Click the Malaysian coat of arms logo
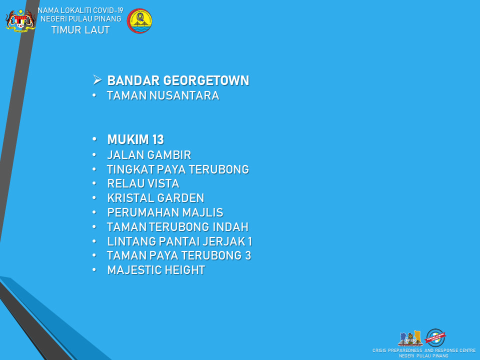(x=20, y=21)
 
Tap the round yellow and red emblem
(x=139, y=21)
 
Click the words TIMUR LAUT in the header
(x=80, y=30)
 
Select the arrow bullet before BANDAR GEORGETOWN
(x=97, y=80)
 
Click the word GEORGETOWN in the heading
(x=206, y=80)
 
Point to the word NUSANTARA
(x=184, y=95)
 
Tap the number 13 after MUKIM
(x=158, y=139)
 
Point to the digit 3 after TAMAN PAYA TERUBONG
(x=248, y=255)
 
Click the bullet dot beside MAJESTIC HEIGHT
(x=94, y=270)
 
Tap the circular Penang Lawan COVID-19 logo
(x=435, y=337)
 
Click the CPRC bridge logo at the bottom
(x=410, y=338)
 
